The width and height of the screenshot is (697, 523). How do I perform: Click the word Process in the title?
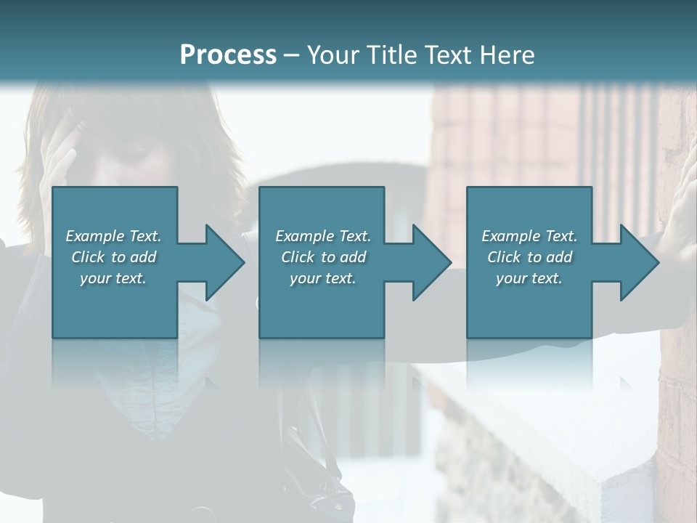pos(228,55)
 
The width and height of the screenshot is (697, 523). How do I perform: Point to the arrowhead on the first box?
pos(222,262)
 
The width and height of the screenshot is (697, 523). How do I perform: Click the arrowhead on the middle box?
pos(429,262)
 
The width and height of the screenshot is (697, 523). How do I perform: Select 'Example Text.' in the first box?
pos(114,236)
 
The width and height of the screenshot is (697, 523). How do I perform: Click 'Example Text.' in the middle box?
pos(323,236)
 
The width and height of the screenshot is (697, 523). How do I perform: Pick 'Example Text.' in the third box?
pos(529,236)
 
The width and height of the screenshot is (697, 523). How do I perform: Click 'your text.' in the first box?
pos(114,278)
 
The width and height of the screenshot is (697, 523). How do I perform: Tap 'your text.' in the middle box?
pos(323,278)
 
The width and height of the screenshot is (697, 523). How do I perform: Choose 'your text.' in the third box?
pos(529,278)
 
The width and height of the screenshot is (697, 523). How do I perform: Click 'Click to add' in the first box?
pos(114,257)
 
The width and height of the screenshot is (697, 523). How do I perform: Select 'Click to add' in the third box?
pos(529,257)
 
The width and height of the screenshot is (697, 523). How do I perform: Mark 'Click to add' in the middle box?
pos(323,257)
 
